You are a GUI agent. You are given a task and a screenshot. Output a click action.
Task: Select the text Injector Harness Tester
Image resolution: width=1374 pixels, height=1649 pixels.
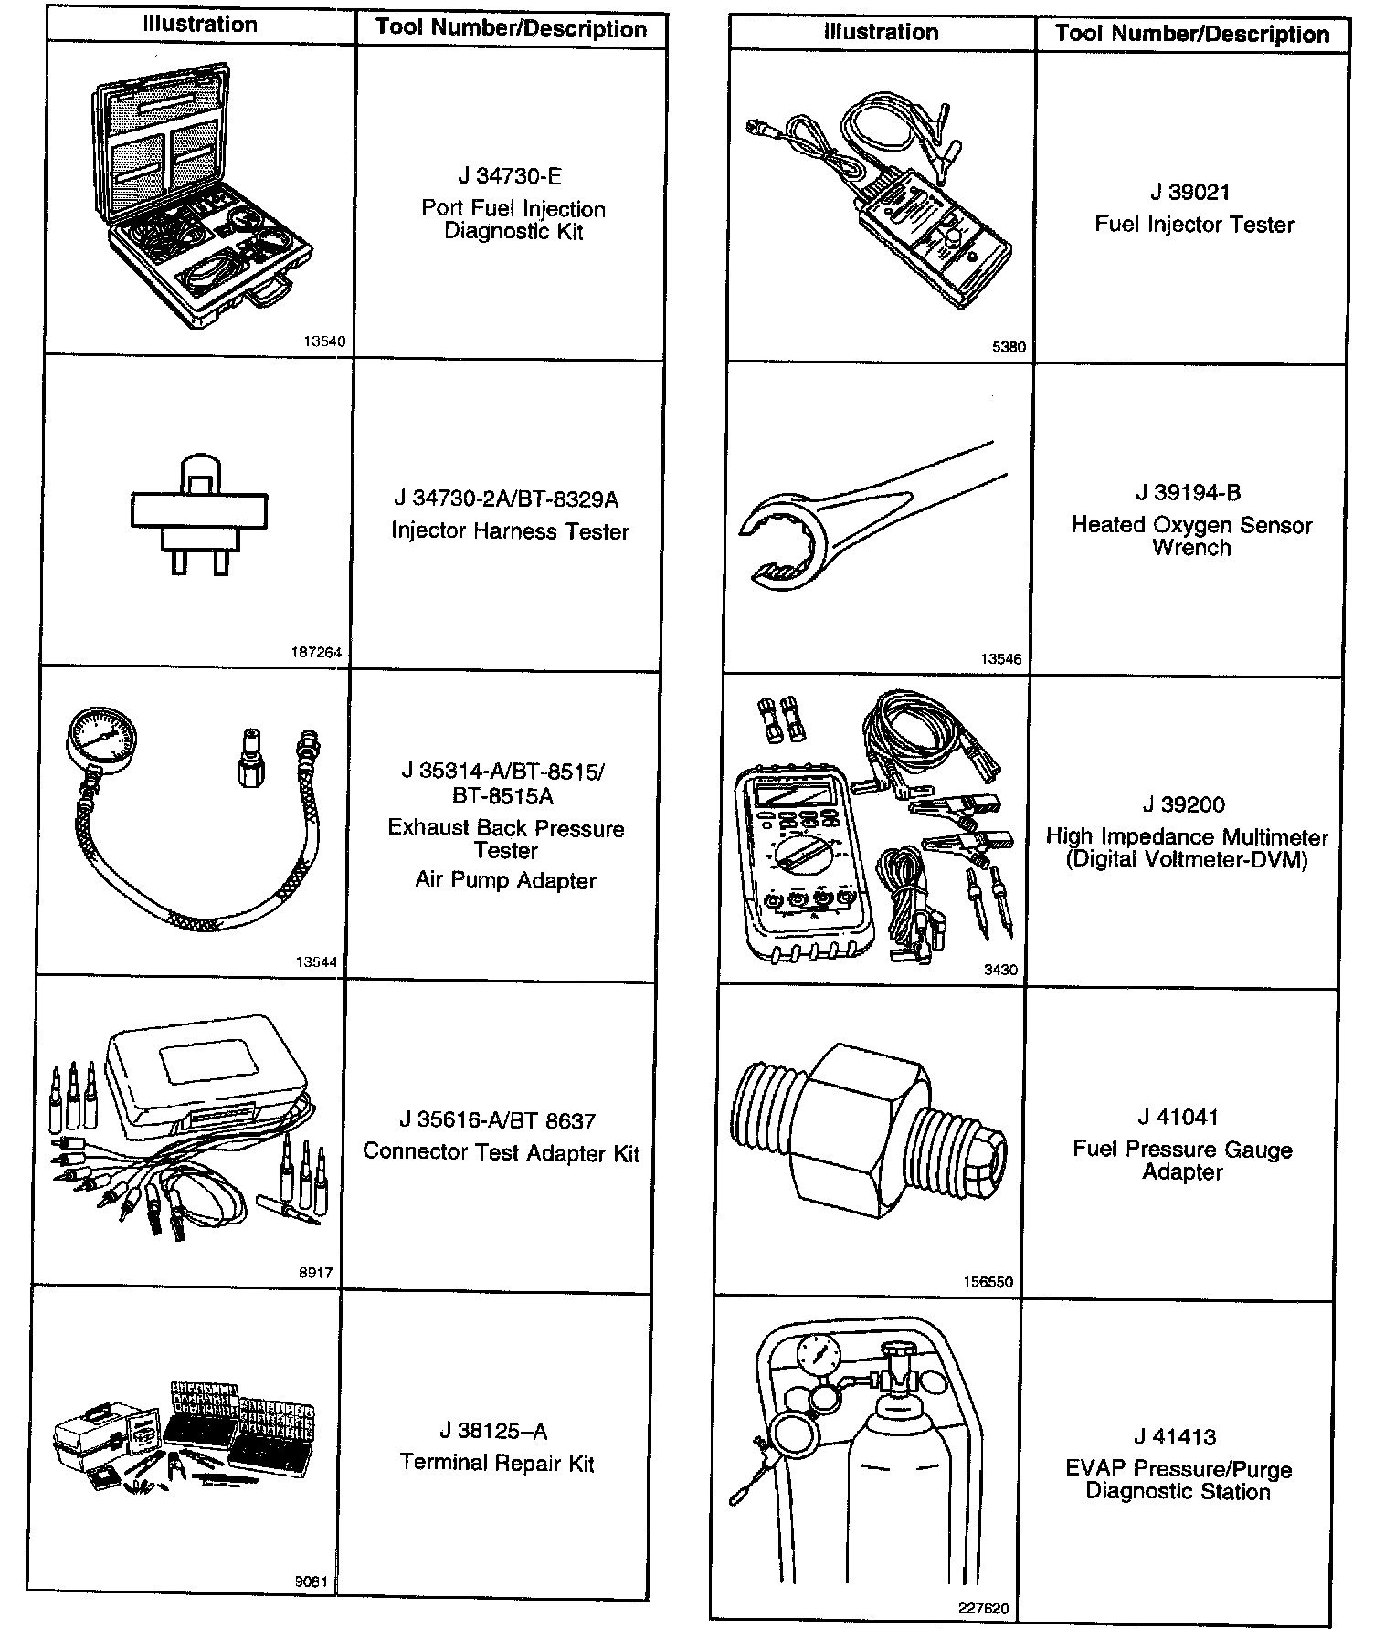click(510, 531)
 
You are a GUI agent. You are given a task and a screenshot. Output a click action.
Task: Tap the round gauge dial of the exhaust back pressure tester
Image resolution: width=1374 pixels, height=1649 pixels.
click(101, 735)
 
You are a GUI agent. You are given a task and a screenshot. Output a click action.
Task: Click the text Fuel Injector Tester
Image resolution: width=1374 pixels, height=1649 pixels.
click(1194, 225)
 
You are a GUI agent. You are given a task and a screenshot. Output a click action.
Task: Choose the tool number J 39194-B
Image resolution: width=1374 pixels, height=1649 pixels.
click(1189, 493)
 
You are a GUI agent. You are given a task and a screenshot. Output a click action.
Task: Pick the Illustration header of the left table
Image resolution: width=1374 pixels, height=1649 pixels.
click(200, 25)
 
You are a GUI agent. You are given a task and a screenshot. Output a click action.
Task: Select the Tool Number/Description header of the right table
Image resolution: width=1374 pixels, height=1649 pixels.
click(1192, 35)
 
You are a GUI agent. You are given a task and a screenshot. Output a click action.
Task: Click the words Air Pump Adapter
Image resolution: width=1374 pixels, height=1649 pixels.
click(505, 881)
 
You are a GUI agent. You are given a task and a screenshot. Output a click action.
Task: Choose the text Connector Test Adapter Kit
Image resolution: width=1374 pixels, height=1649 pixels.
click(502, 1152)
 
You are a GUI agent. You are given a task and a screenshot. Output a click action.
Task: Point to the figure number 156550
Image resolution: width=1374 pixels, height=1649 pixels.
click(988, 1282)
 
